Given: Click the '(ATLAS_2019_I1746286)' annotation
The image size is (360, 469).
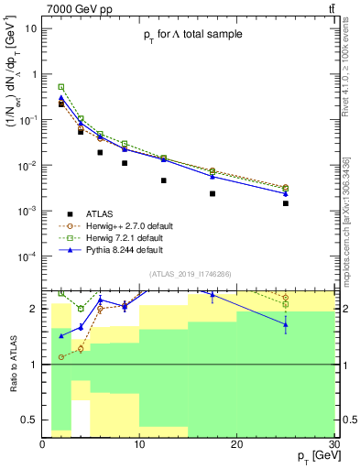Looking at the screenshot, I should [x=190, y=274].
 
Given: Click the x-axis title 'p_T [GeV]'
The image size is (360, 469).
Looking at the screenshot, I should [x=311, y=455].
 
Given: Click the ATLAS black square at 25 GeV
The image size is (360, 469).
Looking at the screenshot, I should [x=286, y=203].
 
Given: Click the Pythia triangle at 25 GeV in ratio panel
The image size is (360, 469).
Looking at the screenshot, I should [x=286, y=324].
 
